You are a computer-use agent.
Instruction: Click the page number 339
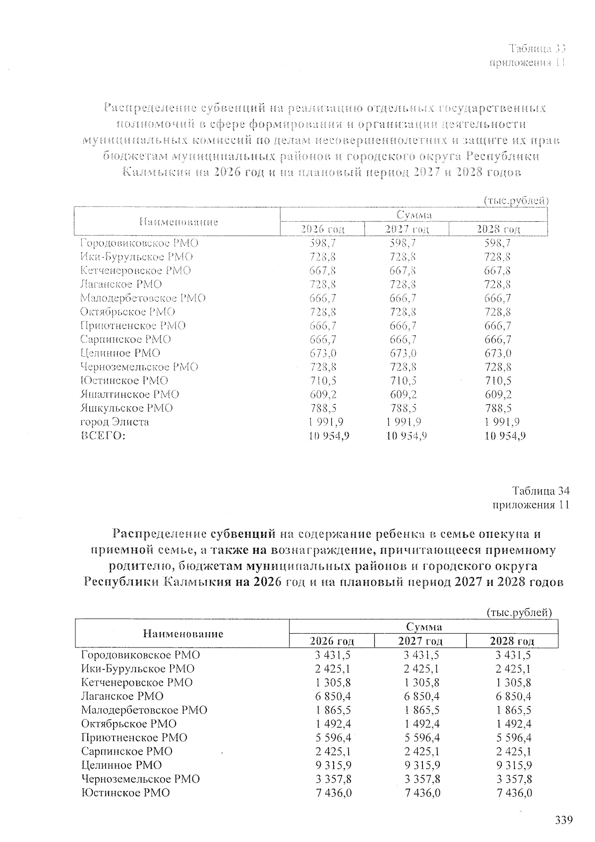coord(563,820)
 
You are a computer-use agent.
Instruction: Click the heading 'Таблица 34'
coord(540,491)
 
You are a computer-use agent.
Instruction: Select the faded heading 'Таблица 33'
coord(537,49)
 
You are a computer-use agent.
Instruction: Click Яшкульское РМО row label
coord(127,408)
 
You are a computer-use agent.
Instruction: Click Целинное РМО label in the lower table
coord(121,765)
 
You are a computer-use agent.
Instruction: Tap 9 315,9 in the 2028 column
coord(514,765)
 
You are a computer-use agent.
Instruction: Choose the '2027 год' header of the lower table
coord(420,641)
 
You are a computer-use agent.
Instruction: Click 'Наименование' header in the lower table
coord(183,634)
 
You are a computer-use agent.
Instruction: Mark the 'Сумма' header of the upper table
coord(414,215)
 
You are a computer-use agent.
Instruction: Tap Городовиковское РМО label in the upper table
coord(139,243)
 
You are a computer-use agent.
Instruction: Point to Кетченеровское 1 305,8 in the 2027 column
coord(422,682)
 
